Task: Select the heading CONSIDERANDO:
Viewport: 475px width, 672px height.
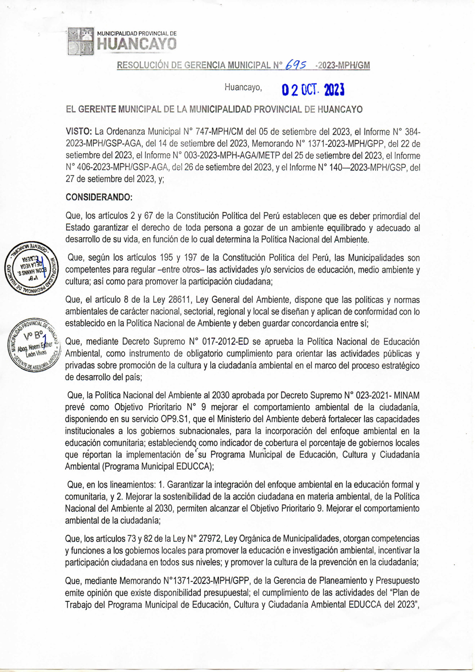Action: [99, 197]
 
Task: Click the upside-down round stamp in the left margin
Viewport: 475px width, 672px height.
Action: [31, 269]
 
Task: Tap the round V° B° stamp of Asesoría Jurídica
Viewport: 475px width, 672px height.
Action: [33, 346]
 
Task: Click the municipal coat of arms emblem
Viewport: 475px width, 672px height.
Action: [80, 42]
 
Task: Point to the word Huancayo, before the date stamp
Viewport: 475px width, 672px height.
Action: [243, 87]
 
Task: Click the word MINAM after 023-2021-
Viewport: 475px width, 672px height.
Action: [407, 395]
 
